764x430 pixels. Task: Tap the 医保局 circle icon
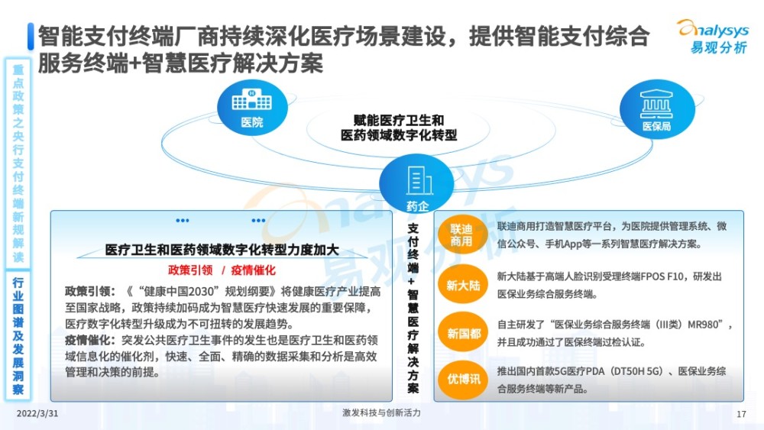(657, 109)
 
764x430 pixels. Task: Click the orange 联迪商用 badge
(462, 234)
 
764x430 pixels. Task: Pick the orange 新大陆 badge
(463, 284)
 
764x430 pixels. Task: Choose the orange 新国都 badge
(463, 333)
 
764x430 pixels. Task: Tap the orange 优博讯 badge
(463, 380)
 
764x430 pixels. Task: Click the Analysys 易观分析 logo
(714, 36)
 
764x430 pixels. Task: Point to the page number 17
(741, 414)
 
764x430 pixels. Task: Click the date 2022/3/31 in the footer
(37, 413)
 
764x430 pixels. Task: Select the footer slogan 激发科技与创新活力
(381, 413)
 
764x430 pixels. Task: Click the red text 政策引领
(190, 270)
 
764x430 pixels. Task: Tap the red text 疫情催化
(253, 270)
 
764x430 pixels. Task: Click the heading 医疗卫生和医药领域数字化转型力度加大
(222, 250)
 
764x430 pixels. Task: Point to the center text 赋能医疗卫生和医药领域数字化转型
(399, 128)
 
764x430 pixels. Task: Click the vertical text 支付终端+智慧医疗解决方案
(413, 308)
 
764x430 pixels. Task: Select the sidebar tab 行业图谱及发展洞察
(18, 336)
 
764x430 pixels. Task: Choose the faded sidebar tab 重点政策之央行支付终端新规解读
(18, 163)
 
